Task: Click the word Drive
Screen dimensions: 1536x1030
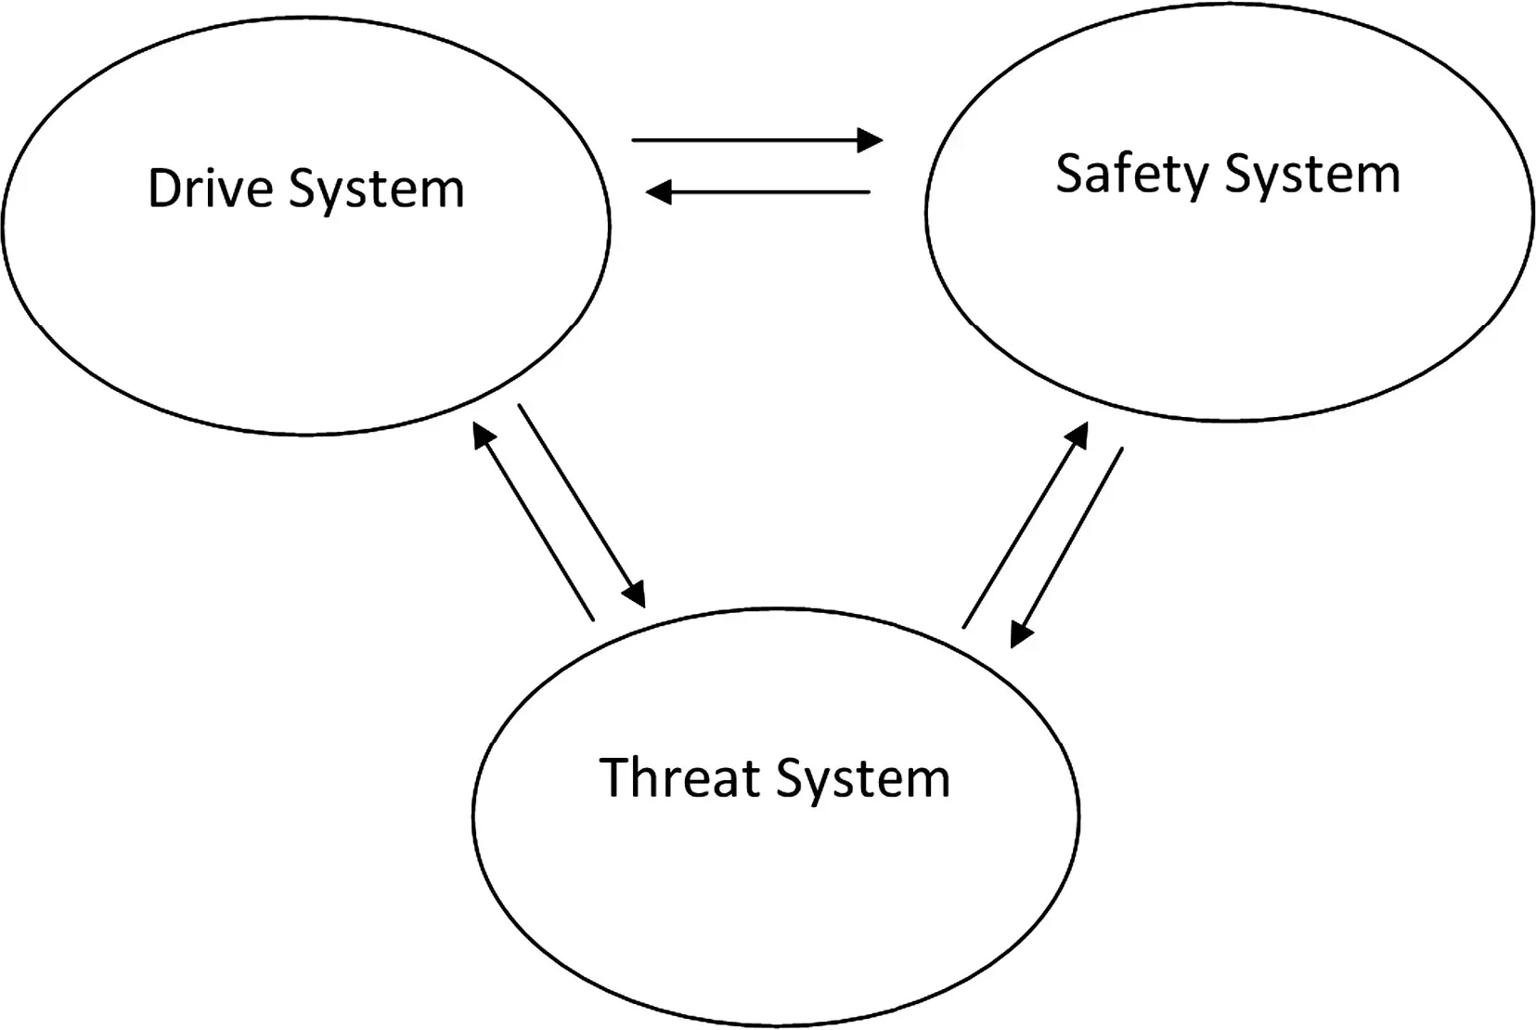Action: click(x=211, y=188)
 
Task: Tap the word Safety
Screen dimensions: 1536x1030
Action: click(x=1131, y=175)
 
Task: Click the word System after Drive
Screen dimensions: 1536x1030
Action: click(x=377, y=190)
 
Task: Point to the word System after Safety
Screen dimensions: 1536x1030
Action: click(x=1311, y=177)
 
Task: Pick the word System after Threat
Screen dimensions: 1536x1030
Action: click(x=864, y=781)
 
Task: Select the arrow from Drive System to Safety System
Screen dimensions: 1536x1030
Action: click(x=757, y=140)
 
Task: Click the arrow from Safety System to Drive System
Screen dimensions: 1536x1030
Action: click(x=757, y=192)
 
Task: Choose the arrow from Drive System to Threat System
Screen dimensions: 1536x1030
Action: click(x=582, y=506)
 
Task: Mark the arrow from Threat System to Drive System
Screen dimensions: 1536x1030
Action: click(x=534, y=521)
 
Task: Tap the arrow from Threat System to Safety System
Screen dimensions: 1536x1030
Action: click(x=1026, y=525)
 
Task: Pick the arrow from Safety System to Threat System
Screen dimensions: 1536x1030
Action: click(x=1066, y=548)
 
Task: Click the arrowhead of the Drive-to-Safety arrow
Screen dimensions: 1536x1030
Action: click(x=871, y=140)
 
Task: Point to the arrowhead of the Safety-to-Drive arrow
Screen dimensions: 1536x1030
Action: click(x=658, y=192)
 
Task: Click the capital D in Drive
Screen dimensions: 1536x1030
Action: click(x=165, y=188)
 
